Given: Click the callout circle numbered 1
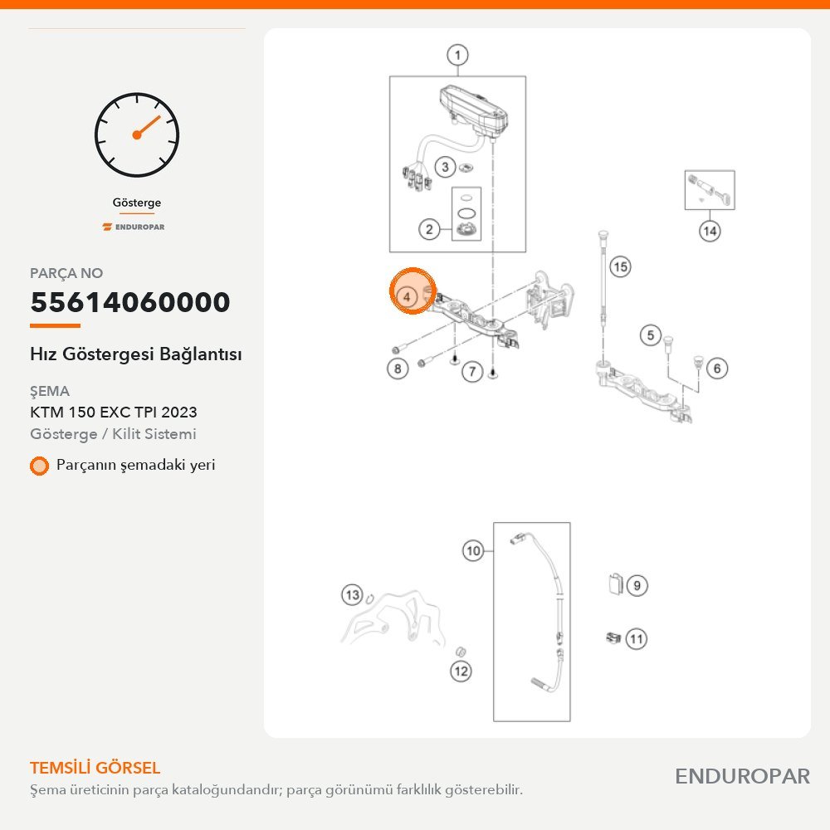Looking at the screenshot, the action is click(457, 55).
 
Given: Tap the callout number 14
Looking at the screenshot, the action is click(710, 231).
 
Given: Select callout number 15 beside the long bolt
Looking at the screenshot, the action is click(620, 266).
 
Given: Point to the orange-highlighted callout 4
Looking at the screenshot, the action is click(407, 296).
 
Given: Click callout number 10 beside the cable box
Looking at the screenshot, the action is click(473, 550).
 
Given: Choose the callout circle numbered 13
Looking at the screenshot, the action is click(352, 595).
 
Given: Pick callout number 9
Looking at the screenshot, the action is click(637, 585).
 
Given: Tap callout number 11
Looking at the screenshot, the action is click(637, 639).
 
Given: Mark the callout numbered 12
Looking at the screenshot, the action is click(461, 671).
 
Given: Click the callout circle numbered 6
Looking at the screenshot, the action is click(717, 369).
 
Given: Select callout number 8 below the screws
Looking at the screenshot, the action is click(398, 369).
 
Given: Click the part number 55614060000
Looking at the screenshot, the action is click(130, 302).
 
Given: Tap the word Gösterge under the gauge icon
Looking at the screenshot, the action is click(137, 203).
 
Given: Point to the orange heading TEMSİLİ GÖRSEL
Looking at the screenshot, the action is click(95, 768).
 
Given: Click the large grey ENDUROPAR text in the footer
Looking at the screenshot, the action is click(742, 777).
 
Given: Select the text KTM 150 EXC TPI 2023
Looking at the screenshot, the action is click(113, 412).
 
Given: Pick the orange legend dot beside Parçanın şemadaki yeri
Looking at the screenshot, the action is click(39, 466).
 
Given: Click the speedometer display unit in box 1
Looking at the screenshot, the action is click(473, 110).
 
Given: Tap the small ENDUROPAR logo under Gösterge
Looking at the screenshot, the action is click(134, 227).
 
